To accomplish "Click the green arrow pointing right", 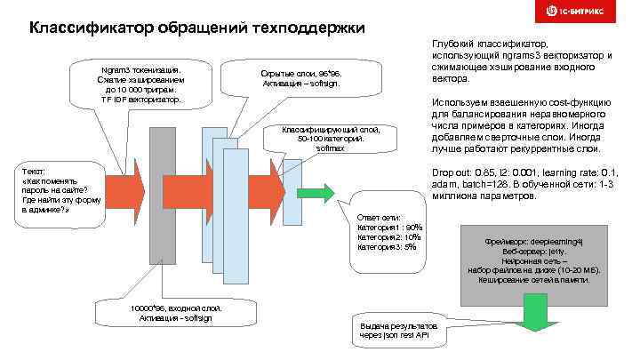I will click(310, 192).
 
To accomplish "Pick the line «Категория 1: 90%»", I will click(390, 227).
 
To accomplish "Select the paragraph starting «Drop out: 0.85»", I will click(520, 184).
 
